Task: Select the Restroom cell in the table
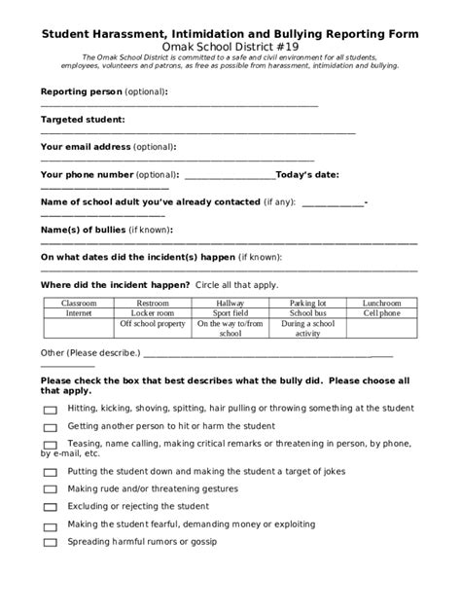pyautogui.click(x=153, y=304)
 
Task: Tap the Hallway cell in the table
pyautogui.click(x=230, y=304)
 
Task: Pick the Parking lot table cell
pyautogui.click(x=307, y=304)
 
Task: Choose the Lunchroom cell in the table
pyautogui.click(x=381, y=304)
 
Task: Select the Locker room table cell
pyautogui.click(x=153, y=314)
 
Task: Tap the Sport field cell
pyautogui.click(x=230, y=314)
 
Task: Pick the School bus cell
pyautogui.click(x=307, y=314)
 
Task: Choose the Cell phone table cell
pyautogui.click(x=381, y=314)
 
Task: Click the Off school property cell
pyautogui.click(x=153, y=324)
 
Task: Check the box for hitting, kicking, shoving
pyautogui.click(x=50, y=410)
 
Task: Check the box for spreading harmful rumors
pyautogui.click(x=50, y=543)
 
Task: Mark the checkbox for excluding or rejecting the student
pyautogui.click(x=50, y=507)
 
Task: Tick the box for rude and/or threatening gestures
pyautogui.click(x=50, y=489)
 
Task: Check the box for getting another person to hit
pyautogui.click(x=50, y=427)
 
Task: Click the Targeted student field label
pyautogui.click(x=83, y=120)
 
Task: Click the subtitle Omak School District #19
pyautogui.click(x=230, y=47)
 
